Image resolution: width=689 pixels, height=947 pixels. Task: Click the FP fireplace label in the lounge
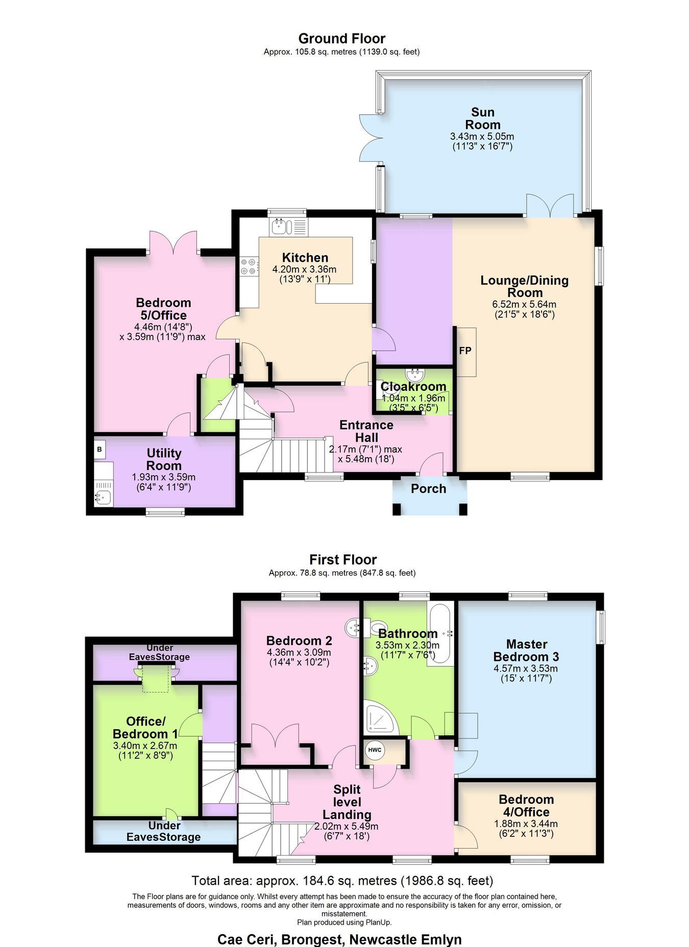[x=465, y=351]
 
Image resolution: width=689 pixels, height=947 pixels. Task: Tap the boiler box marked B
[x=100, y=450]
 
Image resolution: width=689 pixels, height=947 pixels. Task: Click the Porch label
[x=429, y=489]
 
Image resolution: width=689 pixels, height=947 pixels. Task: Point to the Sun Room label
[x=483, y=118]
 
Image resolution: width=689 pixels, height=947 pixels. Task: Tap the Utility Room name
[x=164, y=459]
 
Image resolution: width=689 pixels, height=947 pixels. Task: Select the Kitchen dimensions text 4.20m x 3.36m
[x=305, y=269]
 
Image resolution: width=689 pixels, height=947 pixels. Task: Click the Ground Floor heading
[x=342, y=38]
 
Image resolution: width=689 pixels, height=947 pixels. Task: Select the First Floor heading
[x=343, y=560]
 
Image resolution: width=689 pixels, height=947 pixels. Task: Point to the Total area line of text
[x=342, y=881]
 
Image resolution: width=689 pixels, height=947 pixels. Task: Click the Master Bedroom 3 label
[x=526, y=651]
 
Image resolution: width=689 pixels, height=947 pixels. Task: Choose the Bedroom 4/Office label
[x=526, y=806]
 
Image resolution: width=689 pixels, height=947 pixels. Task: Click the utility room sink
[x=103, y=495]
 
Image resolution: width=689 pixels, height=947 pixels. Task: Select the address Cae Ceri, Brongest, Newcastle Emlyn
[x=339, y=939]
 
